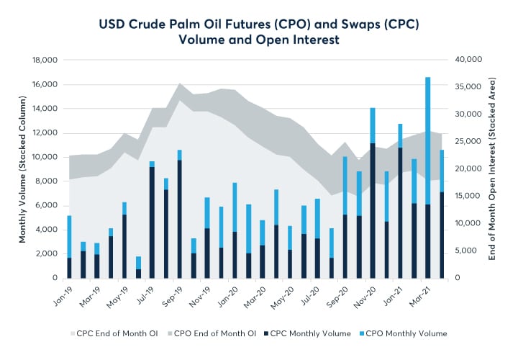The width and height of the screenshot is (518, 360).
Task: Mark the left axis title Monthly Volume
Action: click(x=22, y=168)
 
